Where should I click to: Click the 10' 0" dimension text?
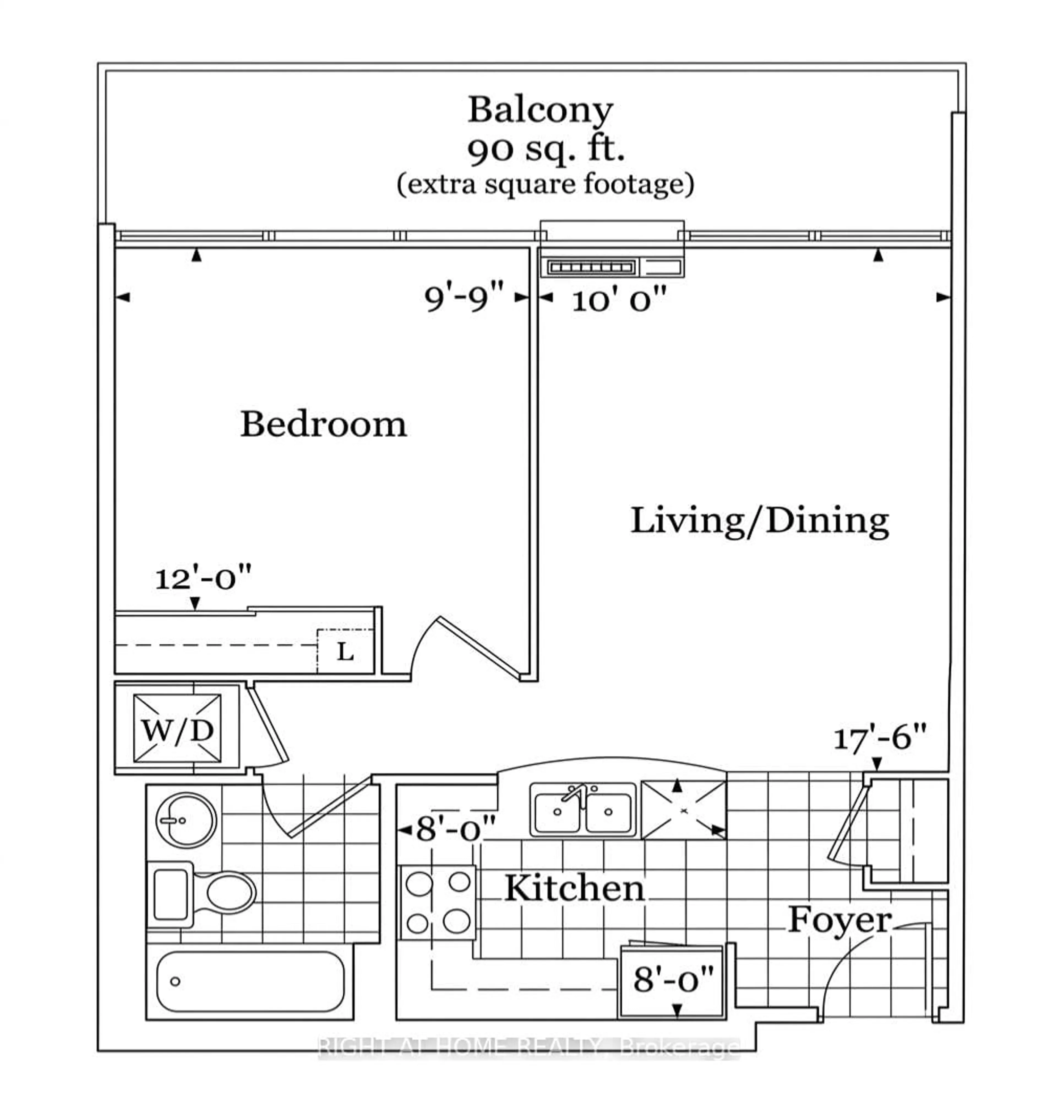tap(619, 299)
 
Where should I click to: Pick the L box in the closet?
tap(345, 652)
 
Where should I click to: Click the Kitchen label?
tap(574, 889)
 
